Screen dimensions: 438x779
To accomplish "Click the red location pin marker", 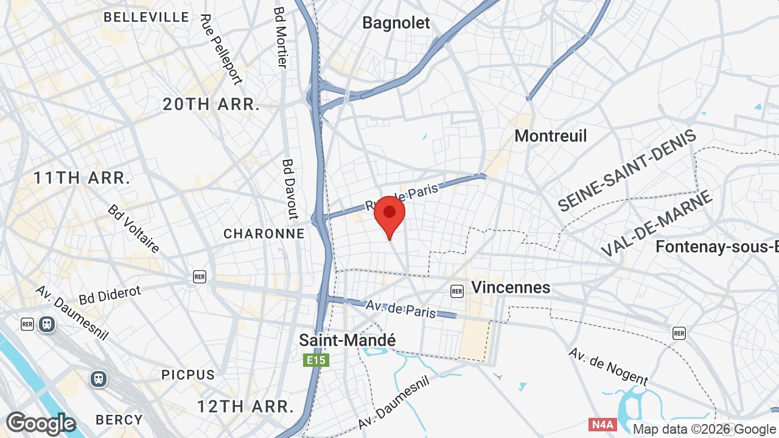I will (389, 214).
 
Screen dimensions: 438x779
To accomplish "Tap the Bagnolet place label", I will (396, 23).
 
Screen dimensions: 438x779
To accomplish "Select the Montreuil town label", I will (551, 136).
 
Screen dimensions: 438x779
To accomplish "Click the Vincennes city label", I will (511, 287).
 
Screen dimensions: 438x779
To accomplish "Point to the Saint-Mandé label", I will (347, 340).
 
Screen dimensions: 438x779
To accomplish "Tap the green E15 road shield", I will (316, 361).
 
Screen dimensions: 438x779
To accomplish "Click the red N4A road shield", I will (602, 424).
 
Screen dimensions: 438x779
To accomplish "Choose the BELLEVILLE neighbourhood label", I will (146, 17).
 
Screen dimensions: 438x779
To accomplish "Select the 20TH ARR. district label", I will (211, 104).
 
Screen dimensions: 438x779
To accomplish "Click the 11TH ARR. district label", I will (82, 178).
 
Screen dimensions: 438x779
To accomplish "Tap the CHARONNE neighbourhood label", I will (264, 234).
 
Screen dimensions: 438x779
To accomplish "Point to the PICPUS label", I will (188, 375).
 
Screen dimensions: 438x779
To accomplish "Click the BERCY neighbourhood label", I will (119, 420).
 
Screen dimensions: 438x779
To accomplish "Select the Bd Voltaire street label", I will (134, 228).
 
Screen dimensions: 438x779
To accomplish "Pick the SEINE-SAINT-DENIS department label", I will (627, 172).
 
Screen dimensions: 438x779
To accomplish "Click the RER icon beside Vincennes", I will (457, 291).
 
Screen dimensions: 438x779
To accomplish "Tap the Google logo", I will (41, 423).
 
